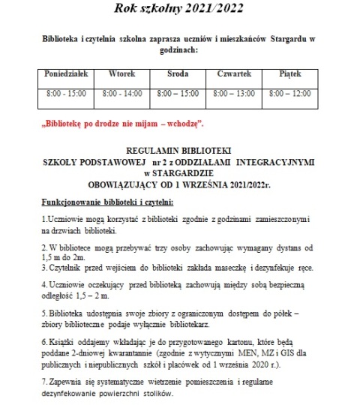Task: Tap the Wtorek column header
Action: (123, 75)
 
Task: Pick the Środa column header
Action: (177, 75)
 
